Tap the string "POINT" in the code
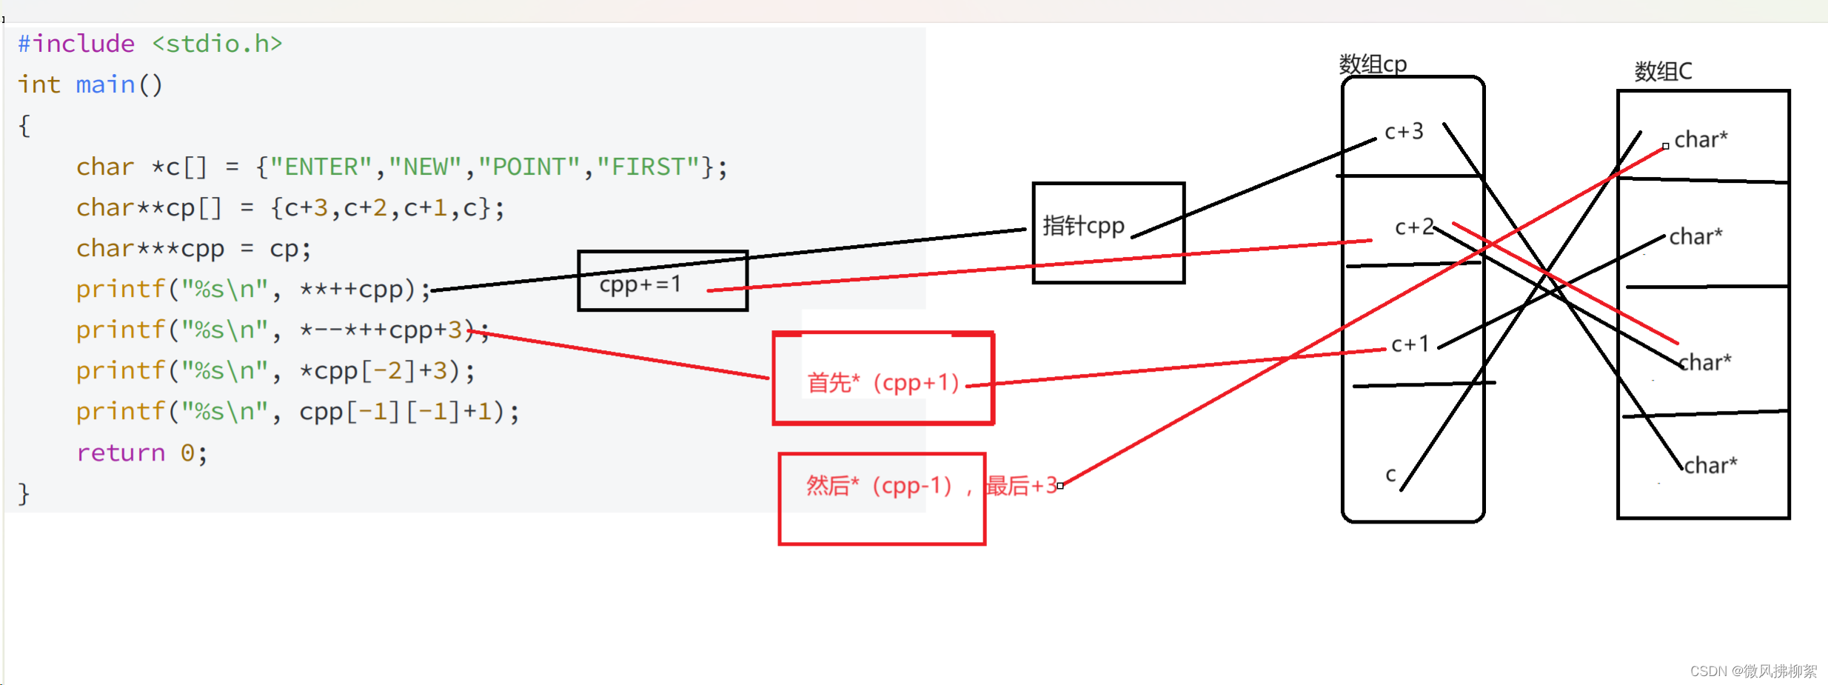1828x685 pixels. click(529, 167)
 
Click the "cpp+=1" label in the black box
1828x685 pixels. click(640, 284)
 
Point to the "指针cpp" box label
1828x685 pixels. click(1083, 226)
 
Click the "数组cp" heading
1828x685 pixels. click(1373, 64)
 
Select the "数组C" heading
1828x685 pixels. click(1663, 71)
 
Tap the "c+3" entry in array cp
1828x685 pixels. click(1404, 132)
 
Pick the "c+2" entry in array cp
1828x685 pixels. click(1413, 227)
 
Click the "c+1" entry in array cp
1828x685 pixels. click(1410, 344)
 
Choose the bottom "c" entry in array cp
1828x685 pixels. click(1390, 474)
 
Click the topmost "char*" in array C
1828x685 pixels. click(1701, 139)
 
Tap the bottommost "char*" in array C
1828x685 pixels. click(1710, 465)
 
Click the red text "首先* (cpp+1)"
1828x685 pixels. click(883, 383)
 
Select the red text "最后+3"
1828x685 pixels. click(1021, 486)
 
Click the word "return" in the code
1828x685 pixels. click(121, 452)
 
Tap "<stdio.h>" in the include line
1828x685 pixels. click(217, 44)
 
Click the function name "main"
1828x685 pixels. click(105, 85)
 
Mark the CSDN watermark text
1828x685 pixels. click(1752, 671)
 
